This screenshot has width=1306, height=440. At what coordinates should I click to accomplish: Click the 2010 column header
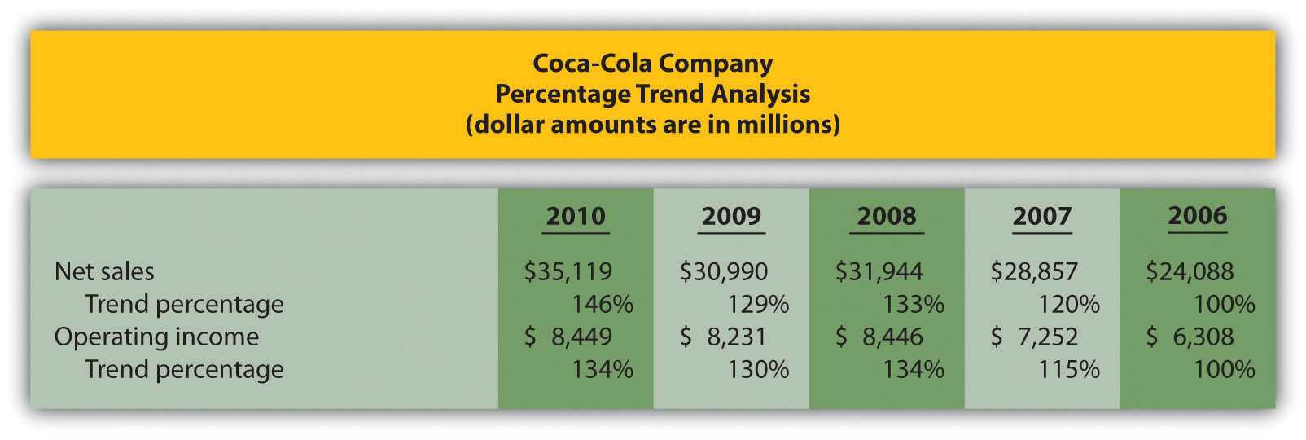pos(576,216)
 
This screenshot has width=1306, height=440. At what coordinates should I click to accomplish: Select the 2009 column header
pos(731,216)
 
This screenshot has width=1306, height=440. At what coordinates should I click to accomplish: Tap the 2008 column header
pos(887,216)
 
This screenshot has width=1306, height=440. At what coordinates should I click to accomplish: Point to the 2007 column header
pos(1042,216)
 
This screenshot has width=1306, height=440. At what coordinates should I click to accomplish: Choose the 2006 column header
pos(1198,216)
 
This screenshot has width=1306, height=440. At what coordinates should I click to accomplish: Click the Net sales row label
pos(104,271)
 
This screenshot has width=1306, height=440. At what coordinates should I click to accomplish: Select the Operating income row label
pos(156,337)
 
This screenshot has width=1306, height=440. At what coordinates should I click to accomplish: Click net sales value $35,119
pos(568,271)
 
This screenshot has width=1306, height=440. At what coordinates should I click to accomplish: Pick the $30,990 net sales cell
pos(724,271)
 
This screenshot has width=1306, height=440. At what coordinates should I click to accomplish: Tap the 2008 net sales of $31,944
pos(879,271)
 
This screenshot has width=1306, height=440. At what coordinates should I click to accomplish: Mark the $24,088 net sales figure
pos(1190,271)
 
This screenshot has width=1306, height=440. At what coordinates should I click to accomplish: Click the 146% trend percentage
pos(603,304)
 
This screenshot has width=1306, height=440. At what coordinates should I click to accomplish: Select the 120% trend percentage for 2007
pos(1069,304)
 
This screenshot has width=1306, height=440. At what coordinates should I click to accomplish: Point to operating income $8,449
pos(568,337)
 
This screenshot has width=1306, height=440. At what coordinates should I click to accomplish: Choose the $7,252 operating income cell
pos(1035,337)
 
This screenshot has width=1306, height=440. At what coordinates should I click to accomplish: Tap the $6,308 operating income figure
pos(1190,337)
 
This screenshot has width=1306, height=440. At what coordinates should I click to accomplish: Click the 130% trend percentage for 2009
pos(758,369)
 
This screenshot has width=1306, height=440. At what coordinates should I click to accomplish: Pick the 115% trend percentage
pos(1069,369)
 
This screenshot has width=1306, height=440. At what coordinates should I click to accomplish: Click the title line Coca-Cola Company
pos(653,63)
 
